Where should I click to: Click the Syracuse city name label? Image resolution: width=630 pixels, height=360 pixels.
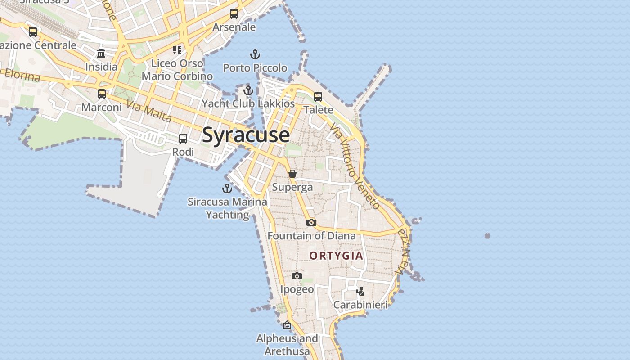(x=246, y=135)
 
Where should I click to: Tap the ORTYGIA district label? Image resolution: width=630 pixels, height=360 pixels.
(x=336, y=256)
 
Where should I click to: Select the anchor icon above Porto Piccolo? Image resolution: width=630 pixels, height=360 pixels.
(x=255, y=55)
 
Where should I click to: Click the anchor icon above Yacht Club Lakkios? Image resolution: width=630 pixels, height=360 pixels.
(x=248, y=90)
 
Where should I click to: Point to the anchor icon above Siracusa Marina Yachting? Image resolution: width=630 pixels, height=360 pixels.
(x=227, y=189)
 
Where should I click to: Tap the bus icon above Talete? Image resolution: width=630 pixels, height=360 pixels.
(x=318, y=96)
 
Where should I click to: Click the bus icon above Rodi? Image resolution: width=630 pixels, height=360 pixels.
(x=183, y=139)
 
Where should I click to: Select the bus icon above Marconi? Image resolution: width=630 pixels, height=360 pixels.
(x=102, y=94)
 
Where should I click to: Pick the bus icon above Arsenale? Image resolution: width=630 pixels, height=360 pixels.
(x=234, y=14)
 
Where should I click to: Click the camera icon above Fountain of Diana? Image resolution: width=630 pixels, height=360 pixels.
(x=311, y=222)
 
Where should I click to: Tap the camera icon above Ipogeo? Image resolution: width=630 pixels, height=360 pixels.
(x=297, y=276)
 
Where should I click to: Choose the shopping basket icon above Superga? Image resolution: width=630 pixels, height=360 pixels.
(x=292, y=174)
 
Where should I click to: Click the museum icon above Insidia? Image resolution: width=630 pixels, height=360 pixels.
(x=101, y=54)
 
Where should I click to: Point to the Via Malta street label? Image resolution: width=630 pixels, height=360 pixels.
(x=149, y=111)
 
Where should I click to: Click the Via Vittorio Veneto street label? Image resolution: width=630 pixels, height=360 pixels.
(x=355, y=166)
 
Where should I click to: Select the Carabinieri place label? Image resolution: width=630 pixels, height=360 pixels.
(x=360, y=305)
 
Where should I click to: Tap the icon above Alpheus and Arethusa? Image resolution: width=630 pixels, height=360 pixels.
(x=287, y=325)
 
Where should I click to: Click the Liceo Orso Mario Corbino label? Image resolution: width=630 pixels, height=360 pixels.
(x=177, y=70)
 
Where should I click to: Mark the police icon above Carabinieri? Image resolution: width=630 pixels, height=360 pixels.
(x=360, y=291)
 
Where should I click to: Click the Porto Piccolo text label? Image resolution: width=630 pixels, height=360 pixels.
(x=255, y=68)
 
